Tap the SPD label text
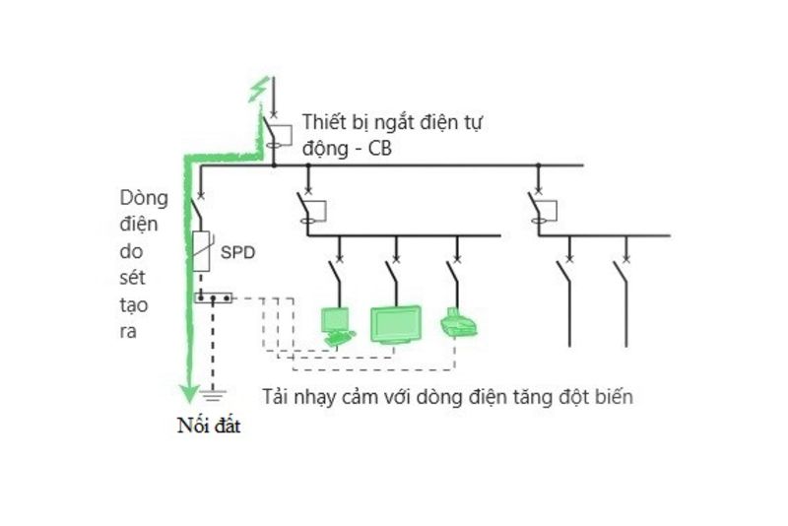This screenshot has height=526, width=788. point(237,253)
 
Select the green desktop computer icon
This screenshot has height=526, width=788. point(336,325)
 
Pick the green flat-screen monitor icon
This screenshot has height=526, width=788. point(395,324)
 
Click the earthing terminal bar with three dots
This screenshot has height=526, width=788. point(212,296)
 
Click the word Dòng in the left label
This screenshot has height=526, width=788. point(143,199)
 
